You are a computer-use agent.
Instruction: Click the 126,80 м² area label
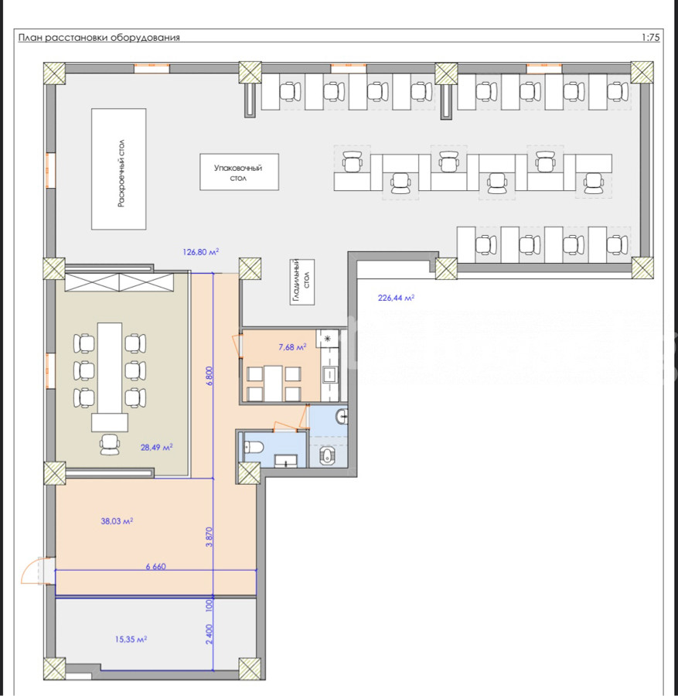[x=200, y=251]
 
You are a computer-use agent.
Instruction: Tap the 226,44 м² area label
[x=396, y=298]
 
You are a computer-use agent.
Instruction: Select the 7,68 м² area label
[x=292, y=347]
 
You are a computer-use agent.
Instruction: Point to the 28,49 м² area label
[x=157, y=448]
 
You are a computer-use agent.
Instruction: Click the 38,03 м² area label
[x=117, y=521]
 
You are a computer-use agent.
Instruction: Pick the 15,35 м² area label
[x=131, y=640]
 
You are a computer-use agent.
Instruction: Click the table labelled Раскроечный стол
[x=119, y=169]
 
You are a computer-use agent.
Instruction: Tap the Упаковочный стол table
[x=239, y=172]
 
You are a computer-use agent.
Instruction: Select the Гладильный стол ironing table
[x=302, y=281]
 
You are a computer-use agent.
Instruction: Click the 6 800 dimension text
[x=210, y=376]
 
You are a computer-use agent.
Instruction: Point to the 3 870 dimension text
[x=210, y=537]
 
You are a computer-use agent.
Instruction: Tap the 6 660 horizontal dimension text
[x=155, y=566]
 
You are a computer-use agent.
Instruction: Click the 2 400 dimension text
[x=210, y=634]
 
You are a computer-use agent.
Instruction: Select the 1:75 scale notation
[x=650, y=38]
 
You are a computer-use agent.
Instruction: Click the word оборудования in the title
[x=145, y=38]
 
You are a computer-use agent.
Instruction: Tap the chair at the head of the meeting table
[x=110, y=445]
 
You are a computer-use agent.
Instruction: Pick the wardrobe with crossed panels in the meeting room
[x=119, y=283]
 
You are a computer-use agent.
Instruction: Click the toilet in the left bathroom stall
[x=254, y=447]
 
